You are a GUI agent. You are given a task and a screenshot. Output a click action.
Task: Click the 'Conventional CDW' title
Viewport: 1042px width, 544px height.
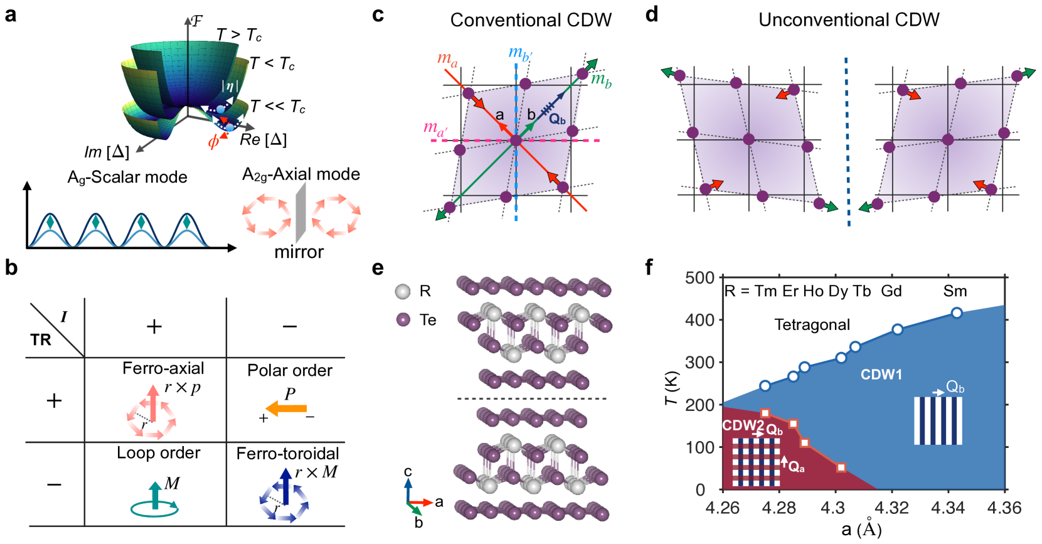pos(531,20)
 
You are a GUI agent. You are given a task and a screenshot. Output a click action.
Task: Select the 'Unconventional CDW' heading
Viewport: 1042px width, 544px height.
pos(849,20)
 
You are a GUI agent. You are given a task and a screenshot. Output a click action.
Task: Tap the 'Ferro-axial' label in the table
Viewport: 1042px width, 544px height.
pos(163,368)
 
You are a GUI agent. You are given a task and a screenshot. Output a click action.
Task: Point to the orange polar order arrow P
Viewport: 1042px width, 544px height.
pos(287,408)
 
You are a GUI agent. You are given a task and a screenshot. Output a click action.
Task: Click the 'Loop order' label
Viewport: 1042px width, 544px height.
pos(158,453)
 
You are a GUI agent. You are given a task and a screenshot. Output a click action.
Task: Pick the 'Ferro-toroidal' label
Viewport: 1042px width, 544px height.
pos(287,454)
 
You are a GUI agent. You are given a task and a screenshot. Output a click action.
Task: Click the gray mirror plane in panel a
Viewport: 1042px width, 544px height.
pos(301,213)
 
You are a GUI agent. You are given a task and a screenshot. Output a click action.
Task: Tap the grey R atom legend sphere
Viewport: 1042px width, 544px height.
pos(403,291)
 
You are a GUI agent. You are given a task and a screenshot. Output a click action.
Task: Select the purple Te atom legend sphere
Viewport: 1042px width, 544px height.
pos(403,320)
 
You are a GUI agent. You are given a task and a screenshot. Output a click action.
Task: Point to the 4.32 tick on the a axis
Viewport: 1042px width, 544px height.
pos(891,508)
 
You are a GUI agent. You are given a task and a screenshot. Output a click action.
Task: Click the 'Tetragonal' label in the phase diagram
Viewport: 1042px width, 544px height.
pos(812,325)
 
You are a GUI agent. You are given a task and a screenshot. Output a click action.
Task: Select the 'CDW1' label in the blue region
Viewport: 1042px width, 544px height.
pos(881,375)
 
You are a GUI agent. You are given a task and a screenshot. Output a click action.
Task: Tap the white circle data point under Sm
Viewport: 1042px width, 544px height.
pos(957,313)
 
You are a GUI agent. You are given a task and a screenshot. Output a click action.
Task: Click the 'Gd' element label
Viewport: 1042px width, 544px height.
pos(891,291)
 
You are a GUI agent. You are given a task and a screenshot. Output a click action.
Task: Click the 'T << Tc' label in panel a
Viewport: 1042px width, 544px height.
pos(277,107)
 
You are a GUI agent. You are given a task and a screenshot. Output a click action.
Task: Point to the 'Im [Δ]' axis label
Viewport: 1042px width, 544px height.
pos(107,152)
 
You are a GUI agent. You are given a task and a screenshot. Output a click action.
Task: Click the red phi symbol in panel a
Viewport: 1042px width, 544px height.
pos(213,142)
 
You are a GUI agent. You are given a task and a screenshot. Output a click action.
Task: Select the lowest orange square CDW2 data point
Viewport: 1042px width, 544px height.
pos(841,467)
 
